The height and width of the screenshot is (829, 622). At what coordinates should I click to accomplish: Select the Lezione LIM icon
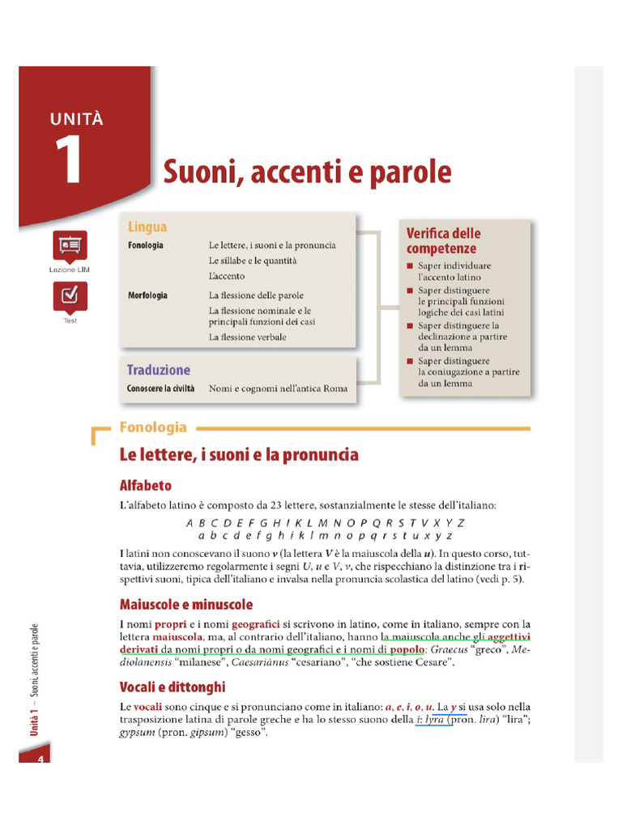click(x=69, y=246)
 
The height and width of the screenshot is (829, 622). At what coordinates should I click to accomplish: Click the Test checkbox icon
click(x=69, y=296)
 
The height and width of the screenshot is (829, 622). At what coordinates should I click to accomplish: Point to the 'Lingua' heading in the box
click(x=147, y=227)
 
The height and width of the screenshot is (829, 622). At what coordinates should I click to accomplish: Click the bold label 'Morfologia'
click(x=147, y=295)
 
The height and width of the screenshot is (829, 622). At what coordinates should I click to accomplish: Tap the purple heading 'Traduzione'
click(x=158, y=370)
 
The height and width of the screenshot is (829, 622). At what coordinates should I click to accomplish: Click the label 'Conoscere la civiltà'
click(x=160, y=389)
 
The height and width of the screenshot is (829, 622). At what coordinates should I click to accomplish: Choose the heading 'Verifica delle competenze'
click(x=443, y=241)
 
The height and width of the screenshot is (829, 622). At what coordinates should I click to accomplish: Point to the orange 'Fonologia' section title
click(x=153, y=427)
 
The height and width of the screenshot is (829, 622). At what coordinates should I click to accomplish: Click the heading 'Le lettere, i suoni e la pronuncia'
click(x=239, y=455)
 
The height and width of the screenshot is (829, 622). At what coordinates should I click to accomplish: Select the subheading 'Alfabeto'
click(x=146, y=486)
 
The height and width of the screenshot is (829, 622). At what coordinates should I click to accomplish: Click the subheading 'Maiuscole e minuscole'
click(x=186, y=605)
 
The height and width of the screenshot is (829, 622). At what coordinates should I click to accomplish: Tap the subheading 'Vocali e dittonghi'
click(x=173, y=687)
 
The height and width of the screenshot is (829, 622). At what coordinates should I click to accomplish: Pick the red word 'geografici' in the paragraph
click(x=256, y=624)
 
